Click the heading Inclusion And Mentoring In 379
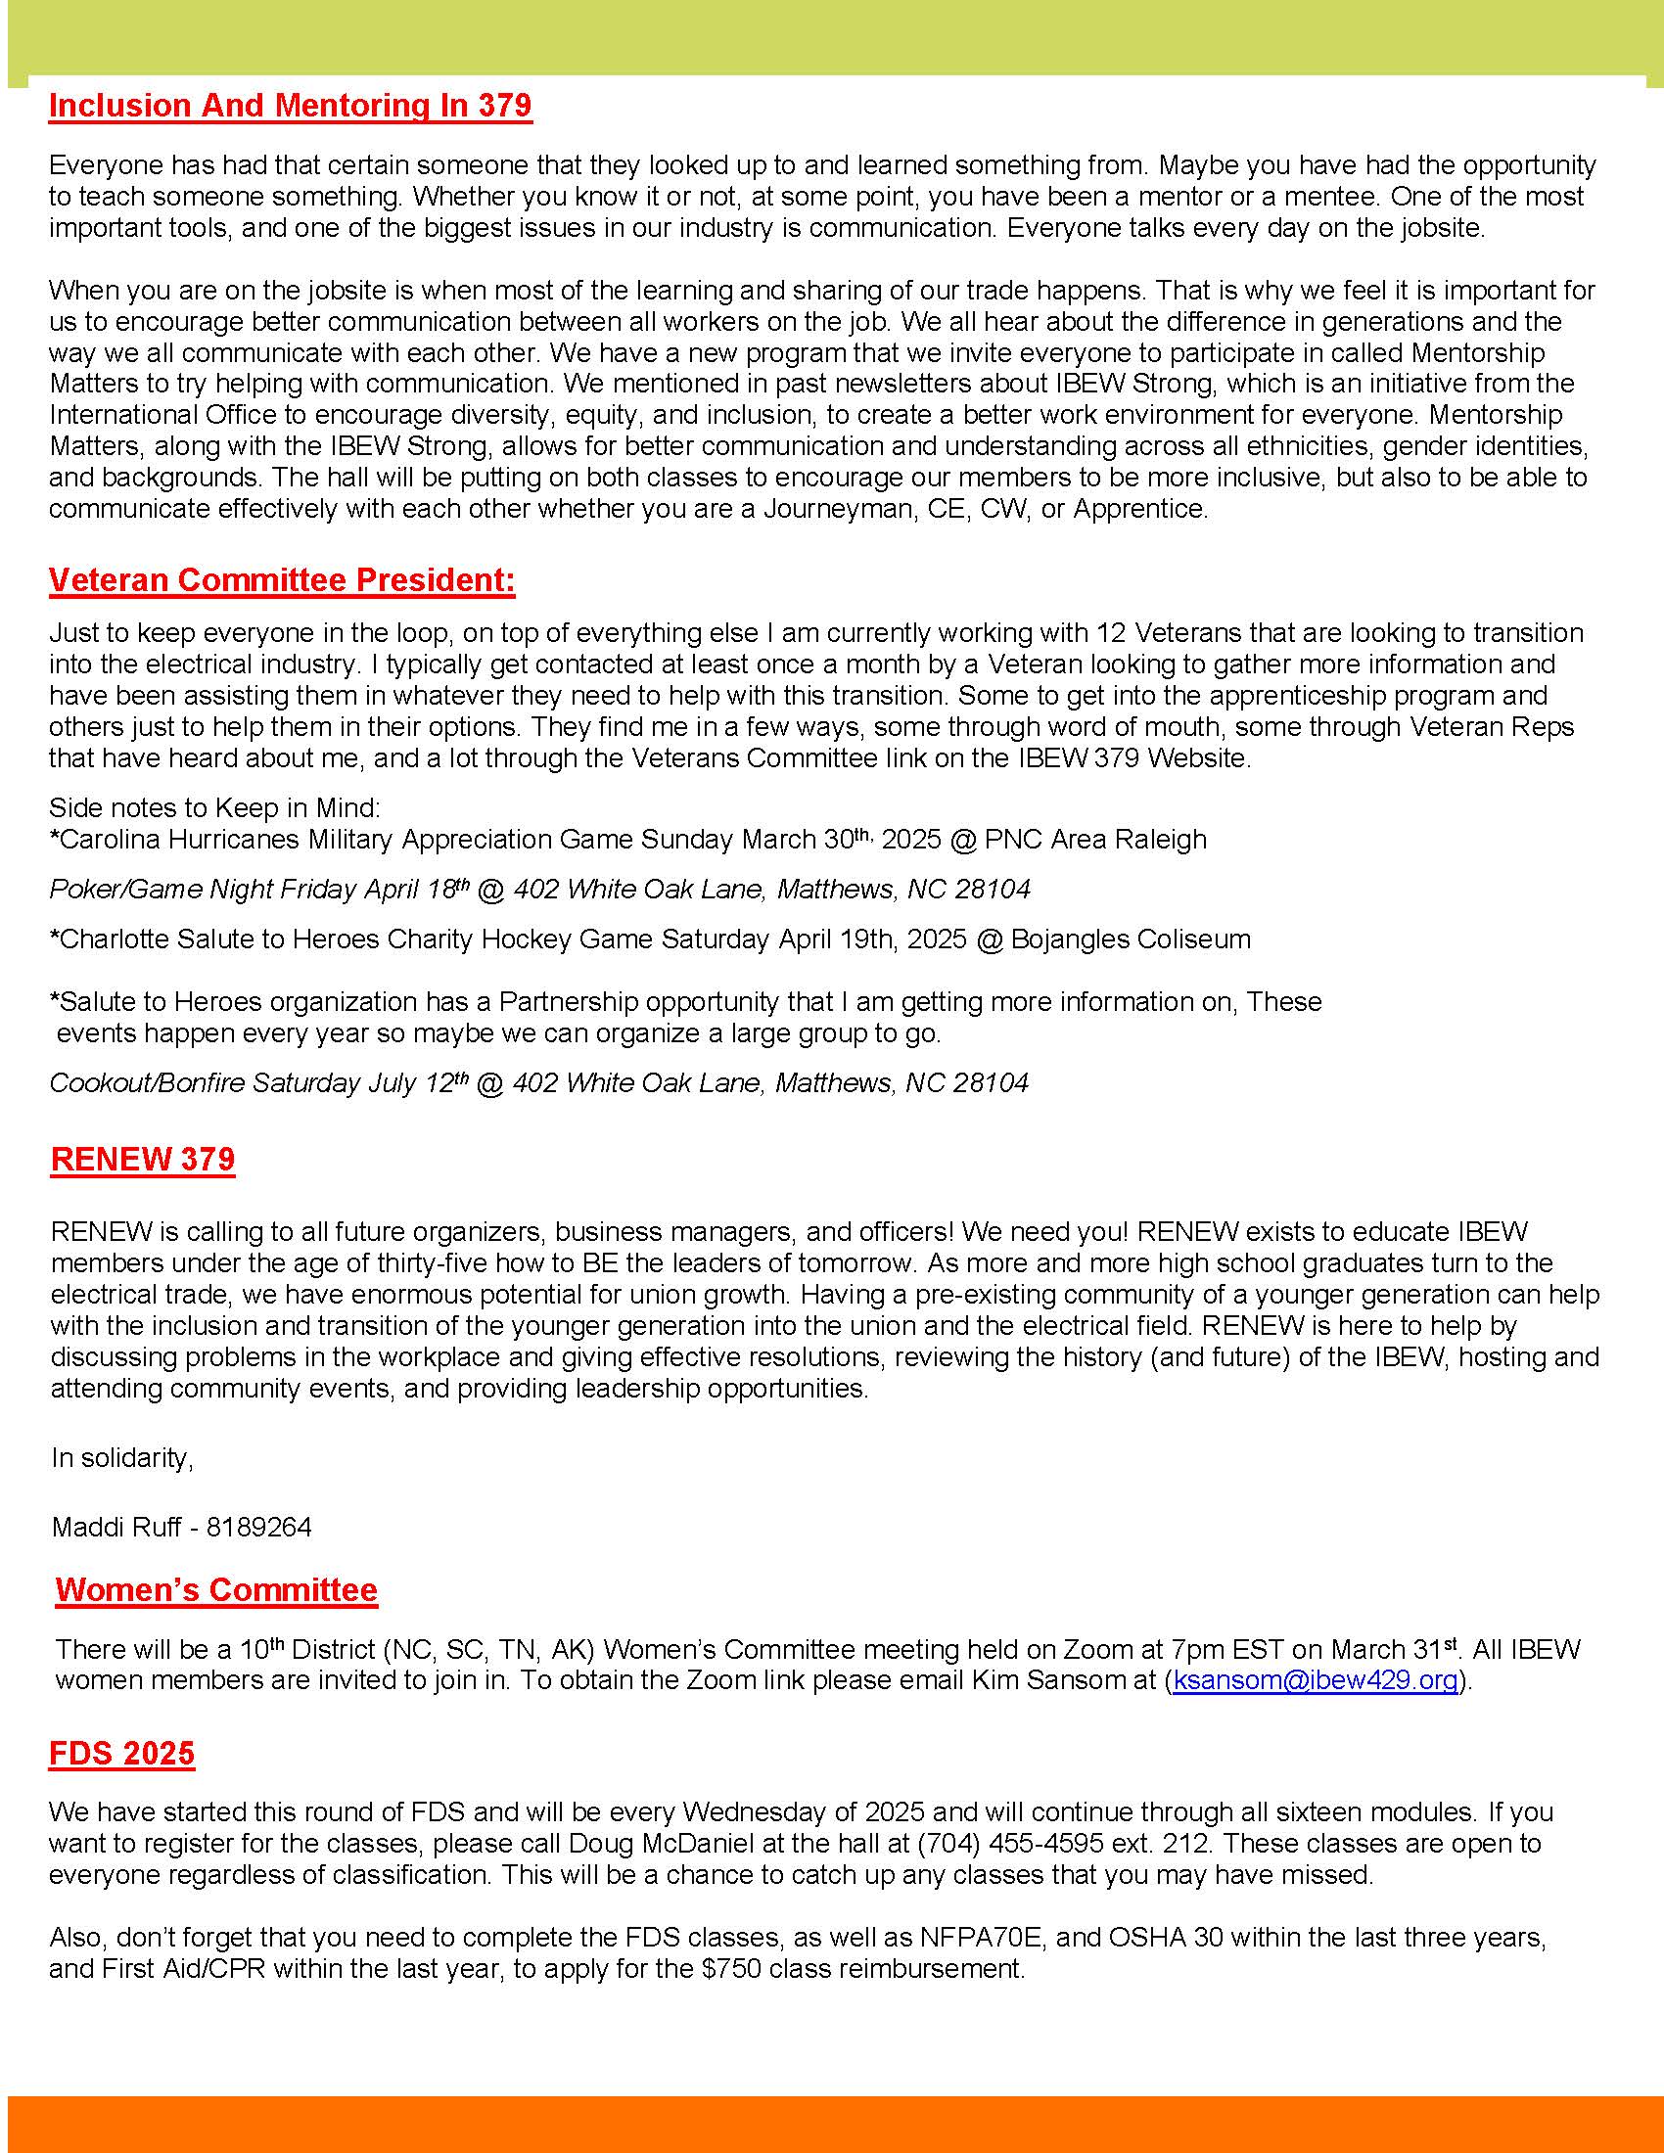tap(290, 106)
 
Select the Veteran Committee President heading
tap(282, 579)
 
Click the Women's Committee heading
tap(217, 1589)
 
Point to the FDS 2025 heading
tap(122, 1753)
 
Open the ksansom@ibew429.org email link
tap(1315, 1679)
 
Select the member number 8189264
tap(259, 1527)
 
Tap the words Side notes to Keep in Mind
tap(214, 807)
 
